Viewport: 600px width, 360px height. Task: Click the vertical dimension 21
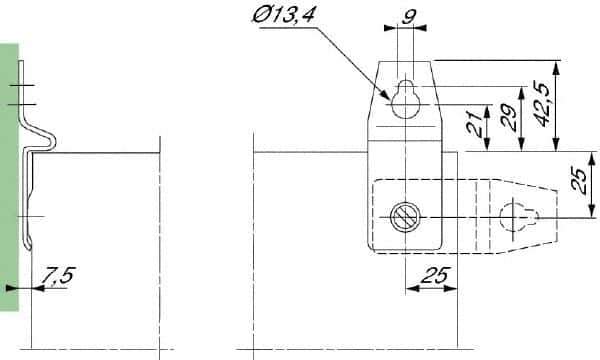(476, 125)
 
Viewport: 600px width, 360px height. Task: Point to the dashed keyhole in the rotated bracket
(516, 216)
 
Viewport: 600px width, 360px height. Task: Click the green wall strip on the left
(9, 180)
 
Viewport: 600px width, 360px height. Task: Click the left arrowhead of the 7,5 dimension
(35, 288)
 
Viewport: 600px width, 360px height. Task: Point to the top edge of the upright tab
(406, 60)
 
